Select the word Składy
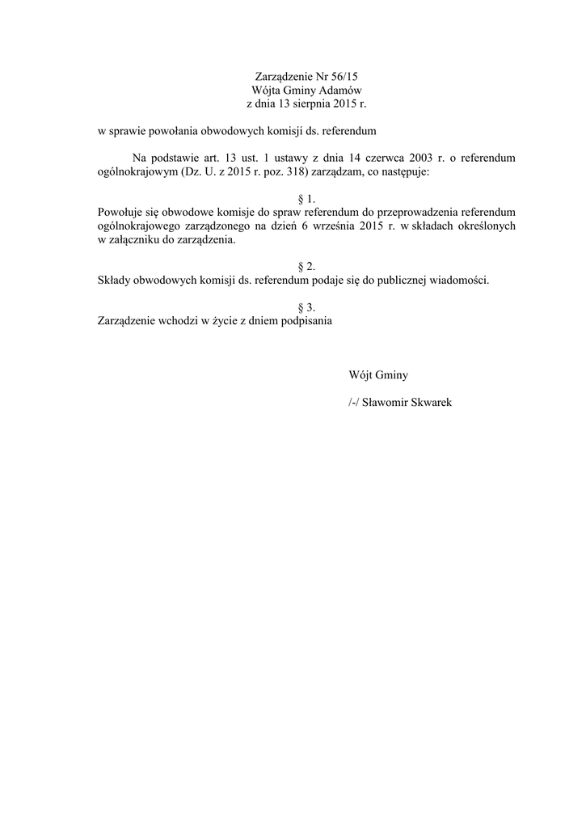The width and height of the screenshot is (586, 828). (x=112, y=280)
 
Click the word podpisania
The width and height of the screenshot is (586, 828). (x=304, y=320)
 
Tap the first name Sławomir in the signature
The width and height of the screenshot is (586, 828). (x=386, y=402)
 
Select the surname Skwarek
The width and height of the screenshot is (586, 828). (x=432, y=402)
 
